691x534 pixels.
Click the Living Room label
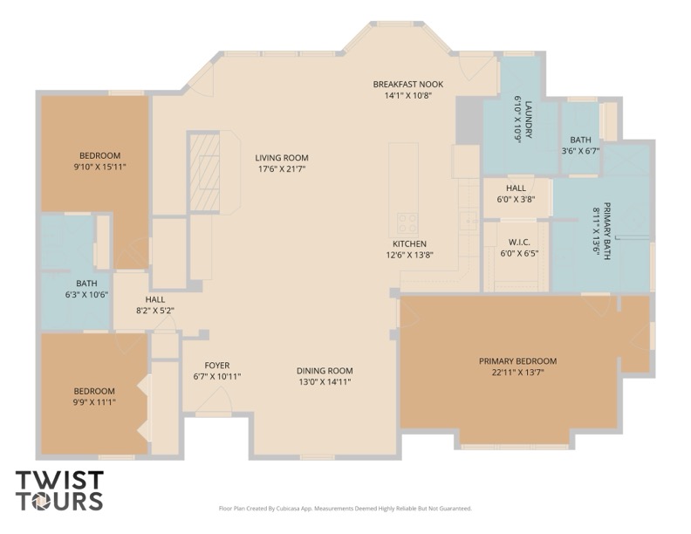(x=282, y=158)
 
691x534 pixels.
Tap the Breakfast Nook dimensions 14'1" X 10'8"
(x=408, y=95)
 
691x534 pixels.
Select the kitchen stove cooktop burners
(x=407, y=222)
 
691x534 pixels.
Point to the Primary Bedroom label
(x=517, y=361)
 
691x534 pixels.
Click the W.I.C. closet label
(x=519, y=243)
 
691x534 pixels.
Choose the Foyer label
(x=217, y=366)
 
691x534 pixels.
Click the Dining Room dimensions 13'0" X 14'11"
(x=325, y=382)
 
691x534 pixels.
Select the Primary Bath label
(x=607, y=231)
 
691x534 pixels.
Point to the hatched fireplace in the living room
(x=204, y=173)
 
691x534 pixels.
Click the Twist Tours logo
(x=59, y=490)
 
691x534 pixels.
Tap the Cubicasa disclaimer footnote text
(x=345, y=509)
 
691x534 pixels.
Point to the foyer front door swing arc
(x=218, y=399)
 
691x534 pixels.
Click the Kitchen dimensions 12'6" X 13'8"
(x=410, y=255)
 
